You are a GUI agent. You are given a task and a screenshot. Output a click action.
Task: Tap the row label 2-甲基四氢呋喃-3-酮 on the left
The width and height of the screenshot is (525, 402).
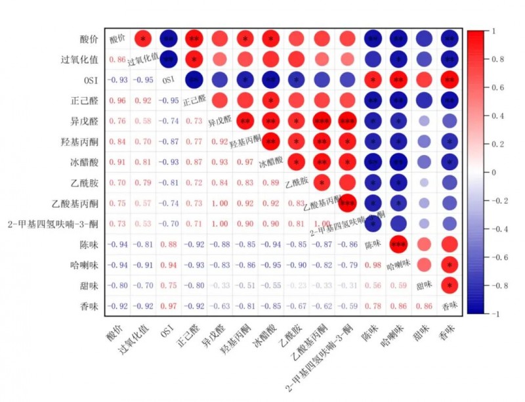(x=57, y=223)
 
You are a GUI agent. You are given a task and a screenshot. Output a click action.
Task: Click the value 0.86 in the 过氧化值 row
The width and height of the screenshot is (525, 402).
(x=117, y=60)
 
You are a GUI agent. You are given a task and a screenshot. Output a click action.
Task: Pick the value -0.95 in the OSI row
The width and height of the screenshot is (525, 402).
(x=143, y=80)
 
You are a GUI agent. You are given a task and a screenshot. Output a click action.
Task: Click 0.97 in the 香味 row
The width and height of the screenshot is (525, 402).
(x=169, y=305)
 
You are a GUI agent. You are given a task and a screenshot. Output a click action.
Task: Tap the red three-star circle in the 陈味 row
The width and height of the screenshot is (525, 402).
(x=398, y=244)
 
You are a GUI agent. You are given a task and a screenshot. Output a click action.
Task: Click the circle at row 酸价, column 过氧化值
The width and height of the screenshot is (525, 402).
(x=143, y=39)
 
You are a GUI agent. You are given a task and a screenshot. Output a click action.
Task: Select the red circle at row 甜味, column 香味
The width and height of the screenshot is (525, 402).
(x=448, y=285)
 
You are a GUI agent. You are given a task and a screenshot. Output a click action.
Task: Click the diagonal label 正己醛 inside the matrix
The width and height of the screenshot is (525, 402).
(x=194, y=100)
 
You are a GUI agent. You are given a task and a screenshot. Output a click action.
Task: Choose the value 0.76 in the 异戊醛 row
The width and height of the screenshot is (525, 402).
(x=117, y=121)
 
